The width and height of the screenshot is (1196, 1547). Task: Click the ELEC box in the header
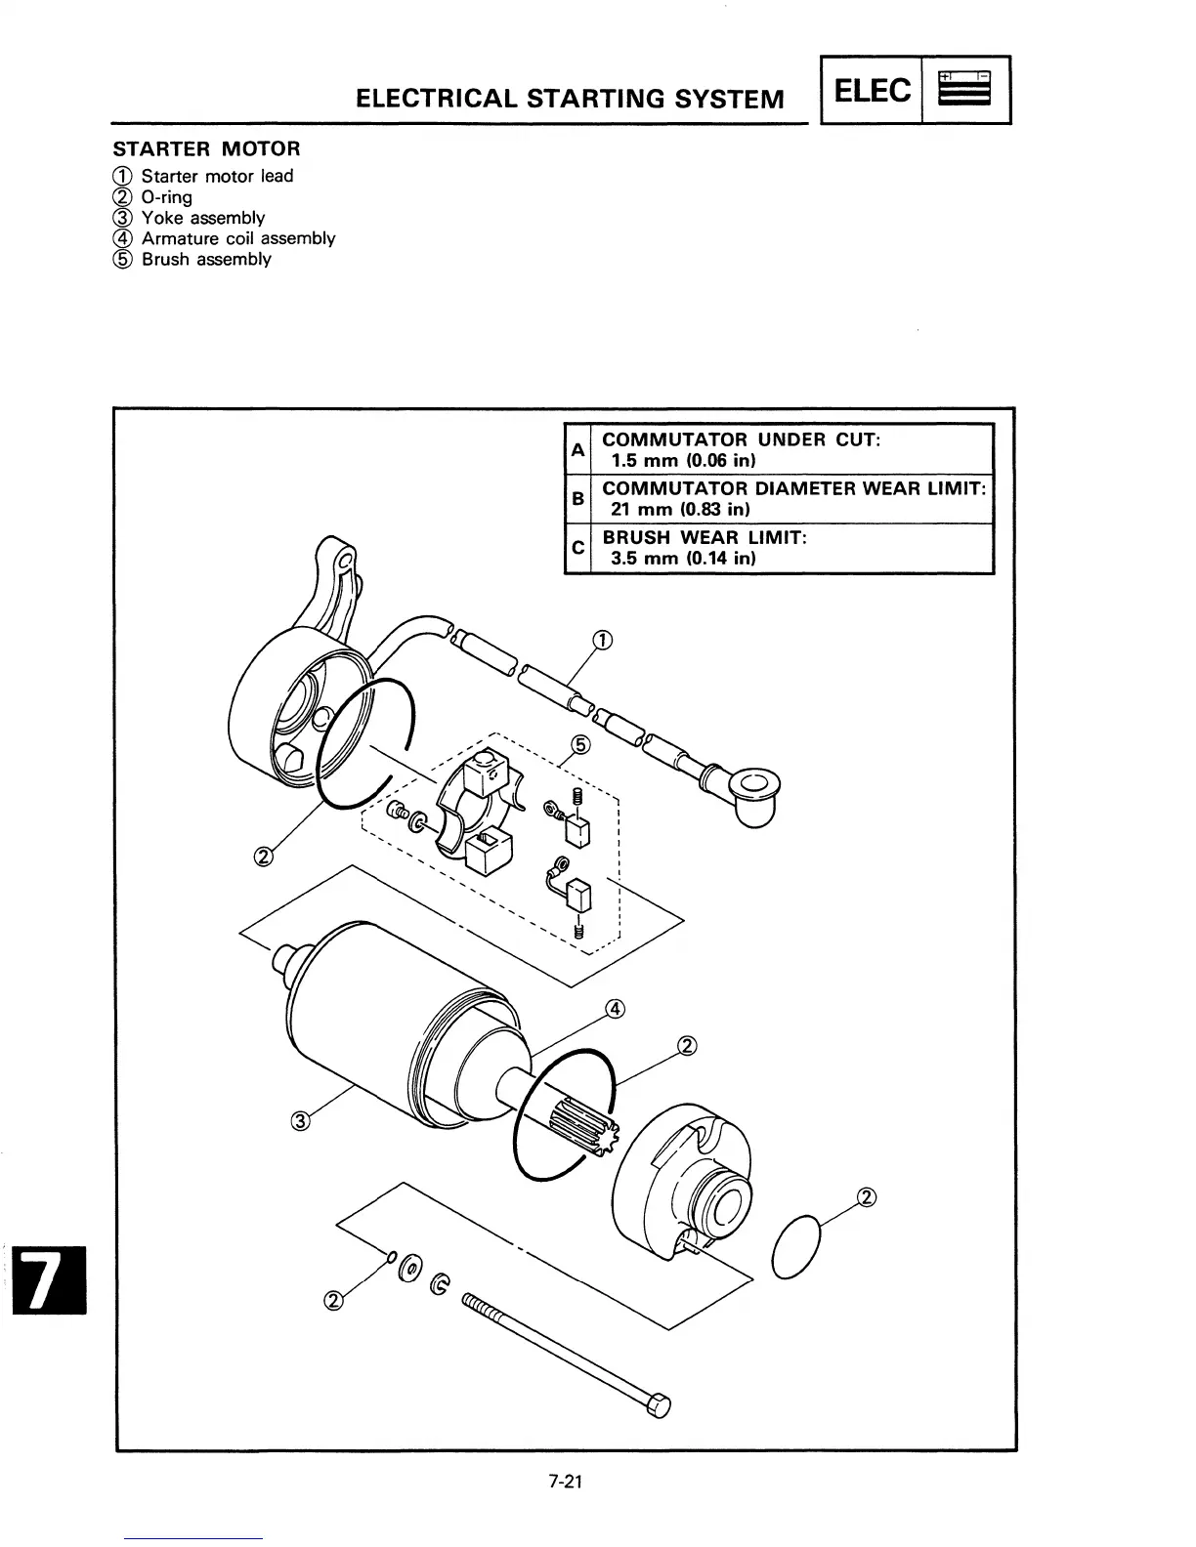pos(874,91)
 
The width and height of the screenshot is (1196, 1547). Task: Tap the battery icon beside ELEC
pos(964,90)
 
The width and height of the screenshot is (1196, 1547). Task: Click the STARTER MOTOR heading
pos(207,148)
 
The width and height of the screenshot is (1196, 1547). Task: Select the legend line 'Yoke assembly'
pos(202,218)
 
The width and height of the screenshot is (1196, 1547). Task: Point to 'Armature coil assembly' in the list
pos(237,238)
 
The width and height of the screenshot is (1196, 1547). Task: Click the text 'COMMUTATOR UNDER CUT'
pos(741,439)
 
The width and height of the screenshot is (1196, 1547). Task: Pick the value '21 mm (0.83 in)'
pos(680,510)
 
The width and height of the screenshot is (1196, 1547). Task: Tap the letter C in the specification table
pos(577,548)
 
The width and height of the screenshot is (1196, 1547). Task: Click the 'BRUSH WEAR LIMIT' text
pos(704,537)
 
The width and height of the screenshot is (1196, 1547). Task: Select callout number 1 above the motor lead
pos(603,641)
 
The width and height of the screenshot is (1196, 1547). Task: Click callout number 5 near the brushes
pos(580,746)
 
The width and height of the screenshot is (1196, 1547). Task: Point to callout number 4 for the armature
pos(615,1009)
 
